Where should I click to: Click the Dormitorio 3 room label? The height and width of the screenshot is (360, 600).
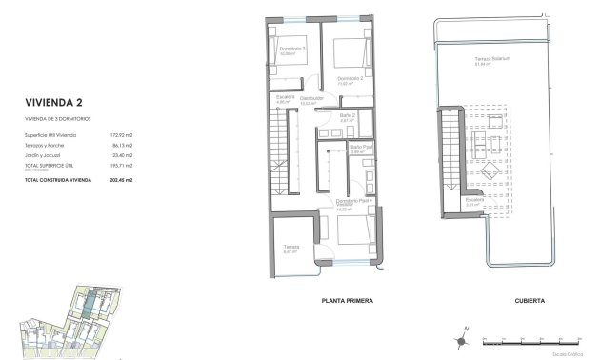click(x=290, y=49)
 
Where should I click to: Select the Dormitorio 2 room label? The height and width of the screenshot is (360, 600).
click(x=350, y=78)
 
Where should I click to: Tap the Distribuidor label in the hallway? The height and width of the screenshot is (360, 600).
click(x=313, y=97)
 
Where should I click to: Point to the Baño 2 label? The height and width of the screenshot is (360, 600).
click(x=347, y=114)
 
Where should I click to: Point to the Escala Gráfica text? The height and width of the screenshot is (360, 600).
click(x=571, y=351)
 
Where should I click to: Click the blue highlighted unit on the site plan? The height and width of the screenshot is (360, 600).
click(x=87, y=306)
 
